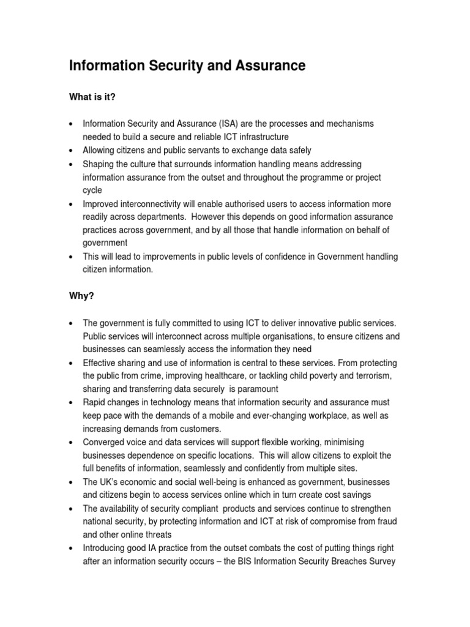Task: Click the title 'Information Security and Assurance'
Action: (187, 66)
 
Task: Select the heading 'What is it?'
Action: (92, 97)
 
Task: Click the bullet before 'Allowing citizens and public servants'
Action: (72, 151)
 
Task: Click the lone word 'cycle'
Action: (93, 190)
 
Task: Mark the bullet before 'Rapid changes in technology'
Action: (72, 402)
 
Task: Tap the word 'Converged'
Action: (102, 442)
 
